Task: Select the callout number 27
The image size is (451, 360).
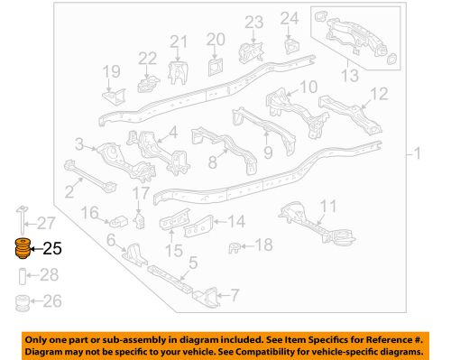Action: pos(46,223)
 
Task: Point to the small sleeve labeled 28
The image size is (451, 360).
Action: pos(20,275)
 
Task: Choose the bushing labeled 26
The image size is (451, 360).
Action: pos(20,301)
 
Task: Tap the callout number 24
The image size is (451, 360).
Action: pos(288,17)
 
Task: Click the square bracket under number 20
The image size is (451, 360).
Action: pos(215,66)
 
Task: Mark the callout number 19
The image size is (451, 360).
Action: pos(111,71)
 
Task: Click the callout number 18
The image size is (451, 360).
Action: pos(262,245)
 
